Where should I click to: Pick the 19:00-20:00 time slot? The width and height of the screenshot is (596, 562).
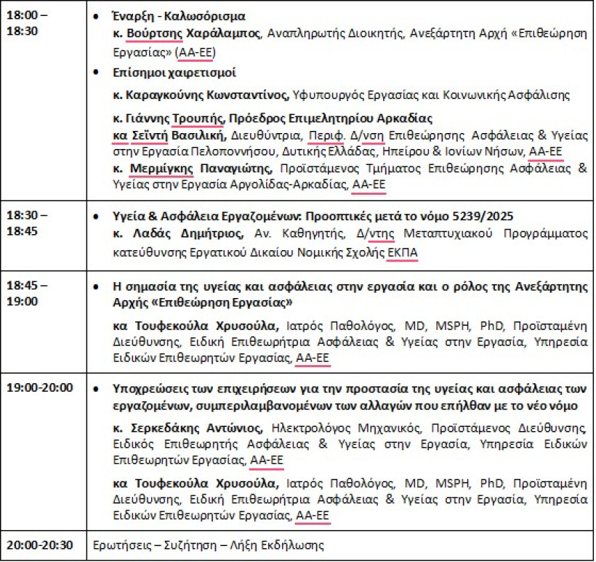[x=40, y=388]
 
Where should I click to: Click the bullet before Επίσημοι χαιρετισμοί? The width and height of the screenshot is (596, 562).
[x=99, y=73]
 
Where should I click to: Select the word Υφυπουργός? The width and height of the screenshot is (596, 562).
[x=324, y=95]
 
